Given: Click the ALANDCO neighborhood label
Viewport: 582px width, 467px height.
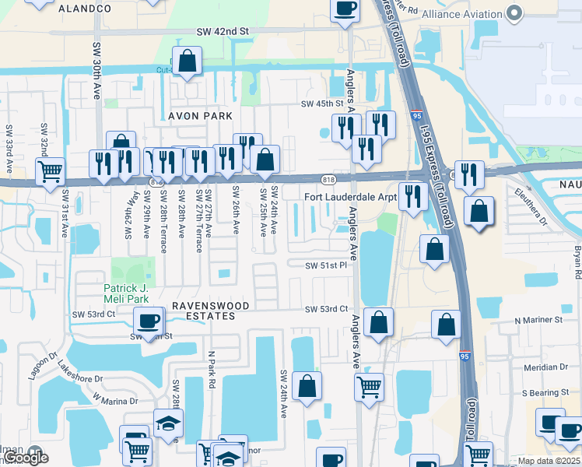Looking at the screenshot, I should click(86, 9).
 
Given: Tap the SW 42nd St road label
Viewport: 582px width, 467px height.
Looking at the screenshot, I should click(222, 31).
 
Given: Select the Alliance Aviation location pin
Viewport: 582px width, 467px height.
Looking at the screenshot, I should click(514, 13).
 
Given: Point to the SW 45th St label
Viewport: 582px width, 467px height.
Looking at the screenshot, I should click(322, 104).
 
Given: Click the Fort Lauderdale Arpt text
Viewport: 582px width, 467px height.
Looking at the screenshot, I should click(351, 198).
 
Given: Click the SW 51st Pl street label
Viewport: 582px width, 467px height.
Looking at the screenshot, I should click(325, 265).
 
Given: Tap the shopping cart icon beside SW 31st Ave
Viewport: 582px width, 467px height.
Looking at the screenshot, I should click(51, 170).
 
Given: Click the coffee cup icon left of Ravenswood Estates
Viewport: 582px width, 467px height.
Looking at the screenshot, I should click(148, 320).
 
